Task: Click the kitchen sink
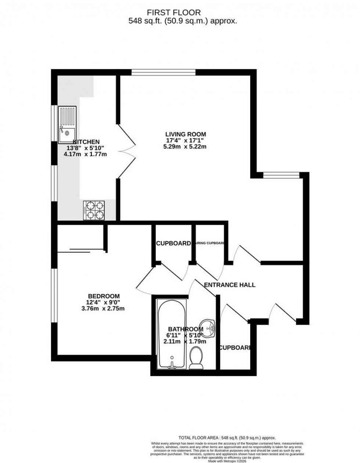click(x=68, y=124)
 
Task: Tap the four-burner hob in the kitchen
click(x=94, y=210)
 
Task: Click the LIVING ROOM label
click(x=186, y=134)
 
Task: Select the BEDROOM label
click(x=104, y=296)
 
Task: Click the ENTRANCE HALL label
click(x=230, y=285)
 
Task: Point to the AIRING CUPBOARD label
click(x=210, y=243)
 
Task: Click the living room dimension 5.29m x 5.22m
click(x=186, y=147)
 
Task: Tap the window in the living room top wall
click(x=163, y=72)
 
